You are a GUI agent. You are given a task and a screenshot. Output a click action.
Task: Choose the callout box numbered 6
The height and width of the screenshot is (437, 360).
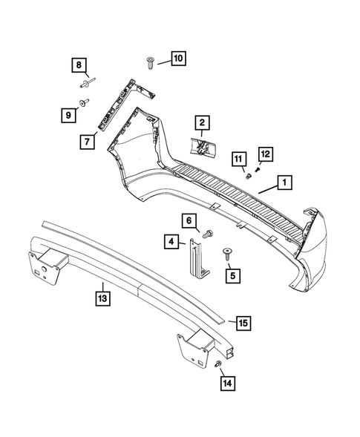click(x=189, y=220)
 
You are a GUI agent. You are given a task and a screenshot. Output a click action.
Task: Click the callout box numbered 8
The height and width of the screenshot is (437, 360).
click(x=79, y=65)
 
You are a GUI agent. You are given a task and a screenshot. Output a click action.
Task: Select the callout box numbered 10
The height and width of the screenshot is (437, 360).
click(x=177, y=57)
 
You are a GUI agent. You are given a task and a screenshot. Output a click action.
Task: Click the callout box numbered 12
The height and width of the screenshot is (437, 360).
click(x=265, y=154)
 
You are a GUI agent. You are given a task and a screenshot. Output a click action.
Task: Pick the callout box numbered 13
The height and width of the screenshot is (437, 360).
click(x=102, y=298)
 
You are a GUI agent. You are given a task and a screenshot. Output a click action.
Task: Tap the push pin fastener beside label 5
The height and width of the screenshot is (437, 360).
click(x=226, y=254)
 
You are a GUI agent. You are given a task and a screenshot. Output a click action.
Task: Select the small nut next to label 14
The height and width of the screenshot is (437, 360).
click(x=217, y=365)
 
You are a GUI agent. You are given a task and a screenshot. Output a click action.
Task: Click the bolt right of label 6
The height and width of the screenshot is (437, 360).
click(x=208, y=234)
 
